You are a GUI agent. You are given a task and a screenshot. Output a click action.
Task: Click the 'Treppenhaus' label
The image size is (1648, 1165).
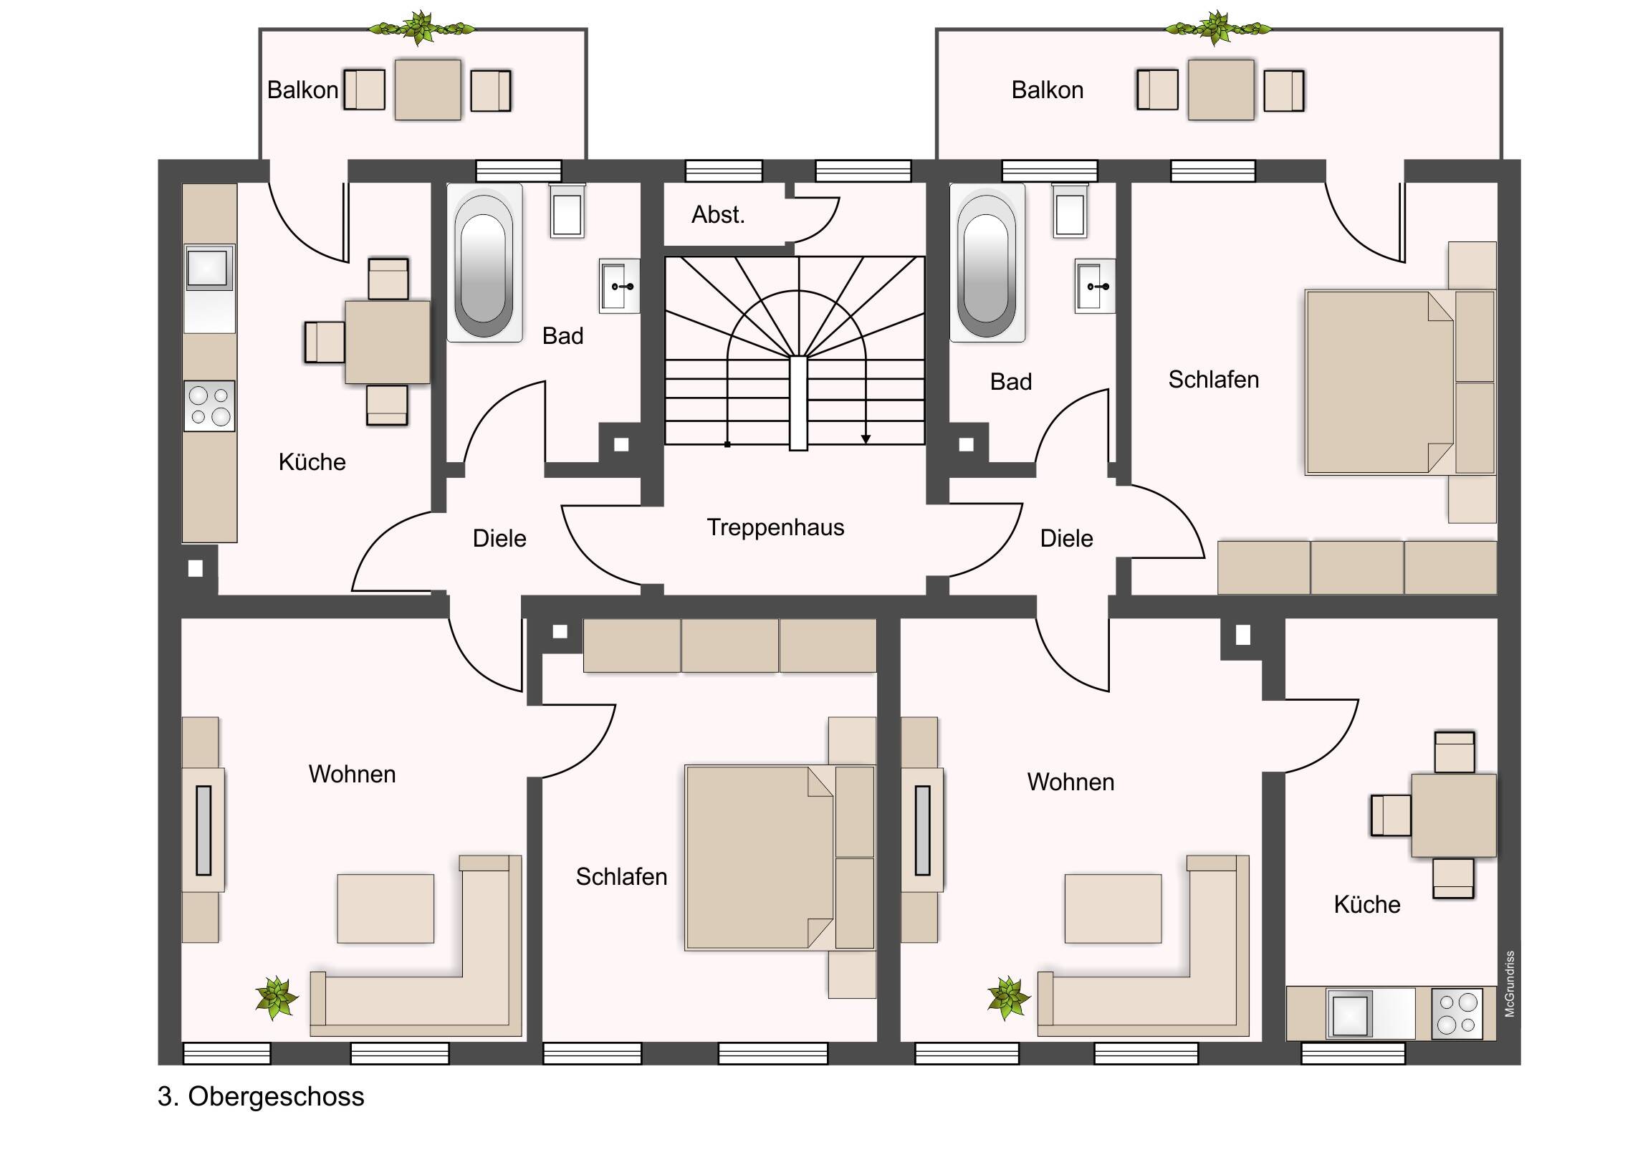point(775,527)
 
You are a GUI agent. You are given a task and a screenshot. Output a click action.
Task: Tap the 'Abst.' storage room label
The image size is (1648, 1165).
point(718,215)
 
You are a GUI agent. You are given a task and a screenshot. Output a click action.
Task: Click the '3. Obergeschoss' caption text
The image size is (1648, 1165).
point(262,1096)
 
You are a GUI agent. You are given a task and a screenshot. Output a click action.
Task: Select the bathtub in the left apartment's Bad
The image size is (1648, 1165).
point(484,263)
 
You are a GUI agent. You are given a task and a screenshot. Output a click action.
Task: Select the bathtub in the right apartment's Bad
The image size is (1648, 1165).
point(986,263)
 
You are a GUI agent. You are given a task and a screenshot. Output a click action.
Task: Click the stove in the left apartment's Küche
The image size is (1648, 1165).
point(210,406)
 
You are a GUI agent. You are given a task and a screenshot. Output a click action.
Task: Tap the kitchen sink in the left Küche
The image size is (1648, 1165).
point(209,268)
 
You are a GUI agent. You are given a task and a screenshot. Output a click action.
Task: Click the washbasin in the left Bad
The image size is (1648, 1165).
point(619,287)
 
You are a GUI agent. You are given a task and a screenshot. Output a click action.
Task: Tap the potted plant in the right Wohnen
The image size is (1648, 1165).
point(1007,997)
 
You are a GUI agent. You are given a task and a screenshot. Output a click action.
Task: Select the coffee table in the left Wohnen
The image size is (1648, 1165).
point(385,908)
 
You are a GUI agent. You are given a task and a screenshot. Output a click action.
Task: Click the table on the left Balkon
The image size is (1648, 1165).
point(428,90)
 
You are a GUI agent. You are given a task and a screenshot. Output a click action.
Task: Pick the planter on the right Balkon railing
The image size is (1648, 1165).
point(1217,29)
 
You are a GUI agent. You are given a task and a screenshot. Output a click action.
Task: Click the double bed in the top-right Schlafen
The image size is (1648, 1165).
point(1378,382)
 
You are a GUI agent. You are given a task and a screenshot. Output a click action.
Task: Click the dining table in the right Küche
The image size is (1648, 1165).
point(1454,815)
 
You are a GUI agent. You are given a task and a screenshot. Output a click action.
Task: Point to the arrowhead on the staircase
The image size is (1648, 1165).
point(866,439)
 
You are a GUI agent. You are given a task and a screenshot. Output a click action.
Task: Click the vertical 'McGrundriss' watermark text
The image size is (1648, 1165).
point(1510,984)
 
